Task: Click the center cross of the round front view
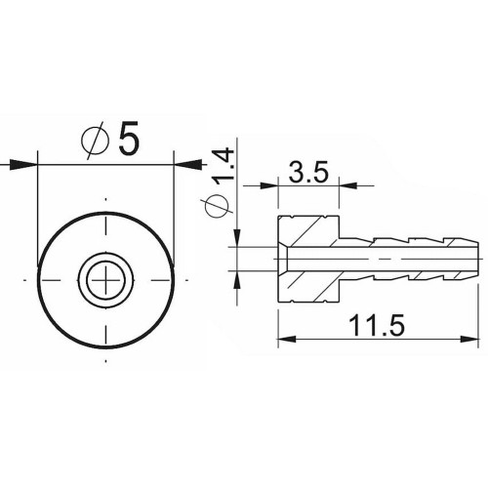[102, 281]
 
